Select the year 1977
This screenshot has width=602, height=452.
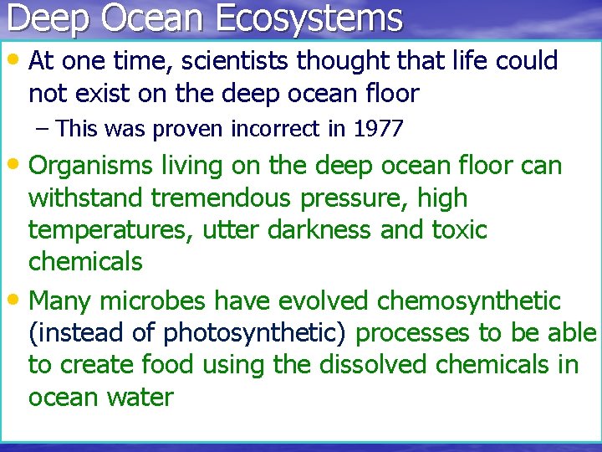(x=378, y=129)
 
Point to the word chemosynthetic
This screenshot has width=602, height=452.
(x=469, y=300)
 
